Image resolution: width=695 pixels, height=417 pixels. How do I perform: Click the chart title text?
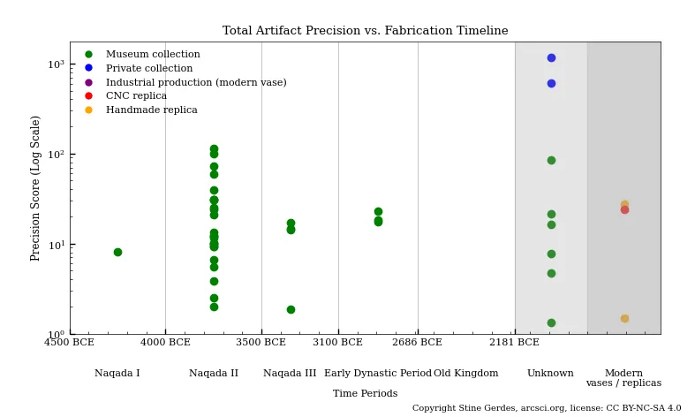point(365,31)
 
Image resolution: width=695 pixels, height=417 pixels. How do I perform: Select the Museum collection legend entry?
point(152,55)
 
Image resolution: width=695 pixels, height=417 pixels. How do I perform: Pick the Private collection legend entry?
point(148,69)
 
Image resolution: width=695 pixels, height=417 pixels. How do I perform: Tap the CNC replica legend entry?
point(136,96)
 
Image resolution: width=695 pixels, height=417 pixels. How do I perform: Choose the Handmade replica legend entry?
point(151,110)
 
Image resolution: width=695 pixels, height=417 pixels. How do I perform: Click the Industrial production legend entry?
point(195,83)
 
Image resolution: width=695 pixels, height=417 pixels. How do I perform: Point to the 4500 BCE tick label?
point(70,343)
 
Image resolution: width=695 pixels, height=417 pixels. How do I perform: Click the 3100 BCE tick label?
point(338,343)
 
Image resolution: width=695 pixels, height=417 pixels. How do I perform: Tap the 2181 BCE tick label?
point(515,343)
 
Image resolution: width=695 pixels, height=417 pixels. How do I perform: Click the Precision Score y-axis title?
point(36,188)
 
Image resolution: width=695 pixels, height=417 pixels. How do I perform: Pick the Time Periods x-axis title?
point(365,394)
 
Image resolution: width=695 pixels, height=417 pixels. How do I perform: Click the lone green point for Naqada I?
point(117,252)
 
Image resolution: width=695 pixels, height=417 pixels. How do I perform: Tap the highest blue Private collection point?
point(551,57)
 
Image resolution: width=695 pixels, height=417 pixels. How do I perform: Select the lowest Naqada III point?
point(291,309)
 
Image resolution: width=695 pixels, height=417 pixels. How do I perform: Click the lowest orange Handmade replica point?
point(624,318)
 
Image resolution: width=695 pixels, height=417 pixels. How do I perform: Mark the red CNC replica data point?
point(624,209)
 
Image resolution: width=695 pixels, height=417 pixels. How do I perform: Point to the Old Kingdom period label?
point(465,374)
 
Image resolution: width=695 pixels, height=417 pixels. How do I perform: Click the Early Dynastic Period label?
point(378,374)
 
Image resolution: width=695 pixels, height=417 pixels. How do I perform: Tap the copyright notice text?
point(547,409)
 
